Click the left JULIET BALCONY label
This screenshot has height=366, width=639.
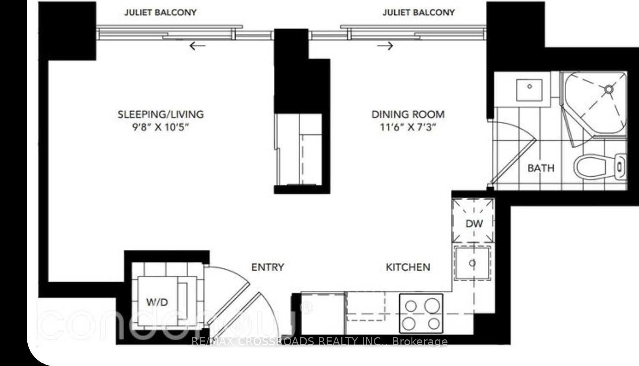[x=160, y=12]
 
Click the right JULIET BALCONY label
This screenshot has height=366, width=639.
[x=419, y=12]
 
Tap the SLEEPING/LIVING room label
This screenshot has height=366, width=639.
[x=160, y=114]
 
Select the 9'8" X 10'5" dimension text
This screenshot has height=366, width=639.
[x=160, y=127]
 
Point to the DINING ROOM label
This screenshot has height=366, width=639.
[x=408, y=114]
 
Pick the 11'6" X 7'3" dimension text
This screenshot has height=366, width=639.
[x=408, y=127]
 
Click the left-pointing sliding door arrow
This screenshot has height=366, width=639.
[x=197, y=46]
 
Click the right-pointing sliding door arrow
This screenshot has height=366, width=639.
[x=385, y=46]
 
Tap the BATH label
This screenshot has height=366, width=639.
[x=541, y=168]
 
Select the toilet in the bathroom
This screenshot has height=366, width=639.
[x=600, y=167]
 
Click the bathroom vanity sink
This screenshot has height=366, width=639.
[x=530, y=89]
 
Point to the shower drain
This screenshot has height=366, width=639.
[x=609, y=89]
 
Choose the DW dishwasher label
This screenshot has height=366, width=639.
[x=474, y=224]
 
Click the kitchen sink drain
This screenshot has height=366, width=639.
[x=472, y=263]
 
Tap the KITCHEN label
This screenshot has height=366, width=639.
[x=408, y=267]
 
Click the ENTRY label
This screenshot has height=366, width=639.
[x=267, y=267]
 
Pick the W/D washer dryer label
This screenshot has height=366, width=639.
[x=157, y=302]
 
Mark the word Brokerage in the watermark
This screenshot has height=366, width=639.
[x=420, y=342]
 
